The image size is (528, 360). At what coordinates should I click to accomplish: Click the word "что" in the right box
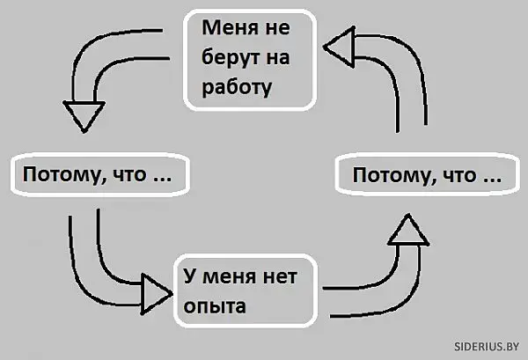click(459, 176)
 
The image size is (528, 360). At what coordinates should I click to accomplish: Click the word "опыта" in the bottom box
click(213, 307)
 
